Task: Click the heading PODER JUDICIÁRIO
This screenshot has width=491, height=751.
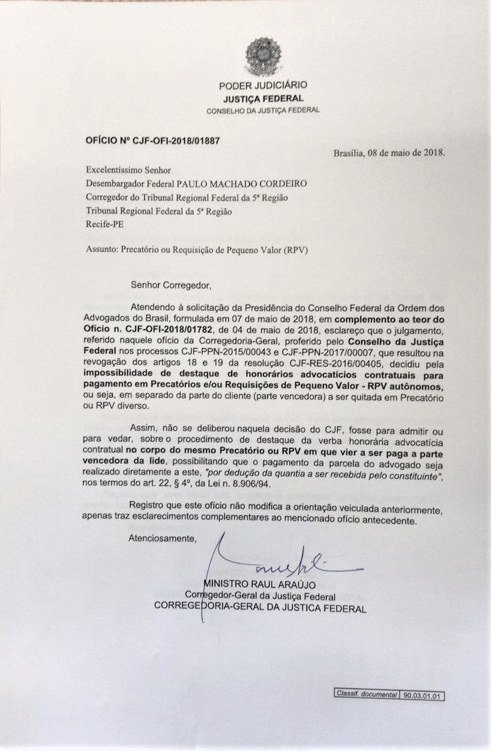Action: (x=263, y=85)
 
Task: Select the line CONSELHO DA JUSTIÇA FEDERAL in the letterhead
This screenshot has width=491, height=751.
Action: (x=263, y=111)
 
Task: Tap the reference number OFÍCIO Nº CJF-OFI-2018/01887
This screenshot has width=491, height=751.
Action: (x=152, y=140)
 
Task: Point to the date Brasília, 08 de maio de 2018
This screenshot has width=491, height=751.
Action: (x=389, y=153)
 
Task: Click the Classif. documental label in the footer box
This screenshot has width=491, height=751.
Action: (x=365, y=695)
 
